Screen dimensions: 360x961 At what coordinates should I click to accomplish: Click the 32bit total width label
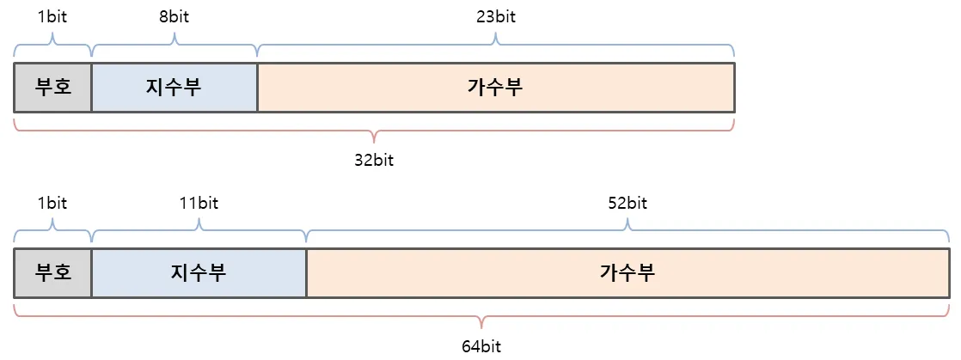(374, 161)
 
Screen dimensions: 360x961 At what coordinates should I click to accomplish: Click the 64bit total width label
(481, 347)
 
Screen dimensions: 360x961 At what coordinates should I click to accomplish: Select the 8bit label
(174, 16)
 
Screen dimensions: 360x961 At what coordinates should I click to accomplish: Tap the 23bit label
(495, 16)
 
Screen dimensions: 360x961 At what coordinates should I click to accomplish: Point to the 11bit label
(199, 204)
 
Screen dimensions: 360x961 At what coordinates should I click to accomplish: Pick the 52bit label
(627, 204)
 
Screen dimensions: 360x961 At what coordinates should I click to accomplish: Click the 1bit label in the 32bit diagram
(52, 16)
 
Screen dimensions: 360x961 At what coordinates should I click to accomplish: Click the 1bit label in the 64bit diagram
(52, 204)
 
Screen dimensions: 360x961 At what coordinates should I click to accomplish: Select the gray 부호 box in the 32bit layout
(52, 87)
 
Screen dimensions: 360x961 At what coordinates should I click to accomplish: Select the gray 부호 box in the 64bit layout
(52, 273)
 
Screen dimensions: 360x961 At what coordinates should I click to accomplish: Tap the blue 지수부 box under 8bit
(174, 87)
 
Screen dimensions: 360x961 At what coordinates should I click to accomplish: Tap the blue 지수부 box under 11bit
(199, 273)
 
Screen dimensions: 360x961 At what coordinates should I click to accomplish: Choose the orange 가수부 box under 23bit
(495, 87)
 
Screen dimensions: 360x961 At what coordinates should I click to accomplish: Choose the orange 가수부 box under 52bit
(627, 273)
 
